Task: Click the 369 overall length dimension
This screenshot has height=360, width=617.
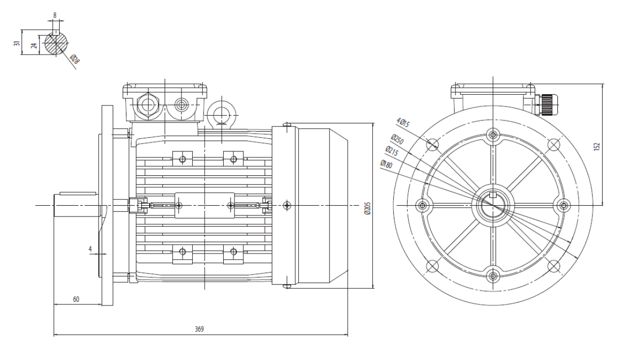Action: click(199, 329)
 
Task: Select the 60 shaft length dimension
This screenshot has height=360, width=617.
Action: click(76, 299)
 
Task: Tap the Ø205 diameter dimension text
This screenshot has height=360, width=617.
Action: click(368, 208)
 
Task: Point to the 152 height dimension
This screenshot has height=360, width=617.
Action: click(596, 146)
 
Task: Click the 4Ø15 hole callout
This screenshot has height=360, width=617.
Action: click(403, 122)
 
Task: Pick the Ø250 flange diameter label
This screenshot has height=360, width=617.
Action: click(397, 139)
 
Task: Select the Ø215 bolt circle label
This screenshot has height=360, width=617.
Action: click(392, 151)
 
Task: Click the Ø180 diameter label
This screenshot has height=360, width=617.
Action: click(386, 164)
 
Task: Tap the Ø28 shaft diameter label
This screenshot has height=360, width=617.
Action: click(75, 59)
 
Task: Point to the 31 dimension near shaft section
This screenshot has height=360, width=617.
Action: click(17, 43)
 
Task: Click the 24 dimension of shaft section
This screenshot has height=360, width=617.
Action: click(34, 45)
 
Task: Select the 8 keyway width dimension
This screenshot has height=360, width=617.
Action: click(55, 15)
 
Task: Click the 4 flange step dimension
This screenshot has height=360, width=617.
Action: click(90, 249)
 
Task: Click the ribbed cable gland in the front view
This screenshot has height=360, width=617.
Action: click(546, 105)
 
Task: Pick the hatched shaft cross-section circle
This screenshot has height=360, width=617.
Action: click(56, 43)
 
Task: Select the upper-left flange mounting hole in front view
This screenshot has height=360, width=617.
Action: click(432, 145)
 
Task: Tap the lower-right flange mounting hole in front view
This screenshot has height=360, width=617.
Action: click(553, 266)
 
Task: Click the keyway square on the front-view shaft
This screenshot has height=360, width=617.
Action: click(493, 195)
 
